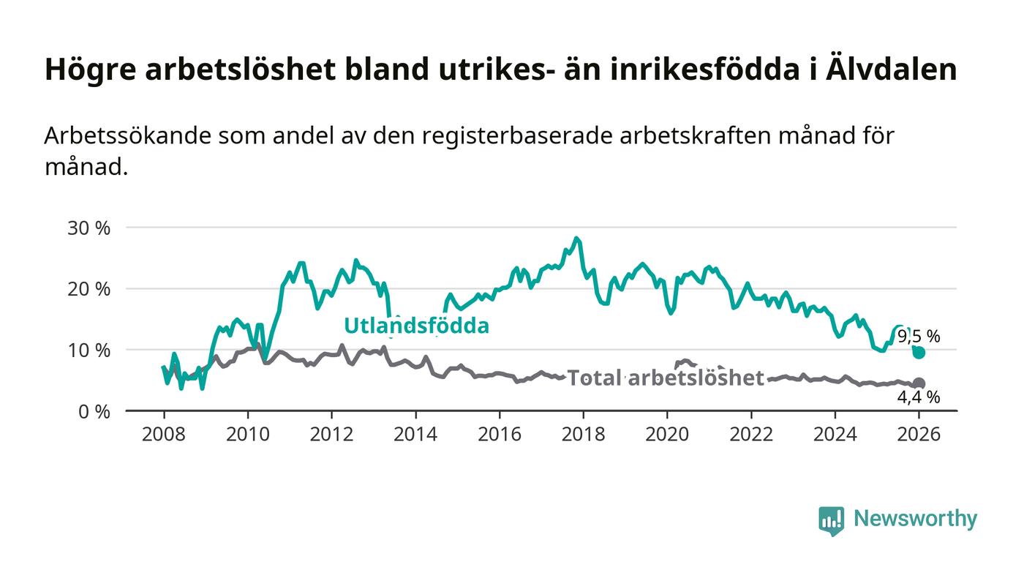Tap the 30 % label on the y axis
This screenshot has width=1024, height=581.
[x=89, y=228]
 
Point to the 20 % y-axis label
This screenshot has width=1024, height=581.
[x=89, y=289]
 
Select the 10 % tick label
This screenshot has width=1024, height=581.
[x=89, y=351]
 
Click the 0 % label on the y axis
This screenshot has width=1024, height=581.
[x=93, y=411]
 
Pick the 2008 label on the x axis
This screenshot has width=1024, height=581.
[x=164, y=433]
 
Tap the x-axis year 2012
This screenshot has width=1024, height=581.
[x=331, y=433]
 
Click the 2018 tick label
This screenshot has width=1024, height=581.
[x=583, y=433]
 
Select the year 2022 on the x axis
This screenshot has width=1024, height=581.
[x=751, y=433]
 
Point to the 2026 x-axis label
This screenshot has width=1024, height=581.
[x=919, y=433]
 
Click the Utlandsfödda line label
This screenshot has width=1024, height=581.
[x=416, y=326]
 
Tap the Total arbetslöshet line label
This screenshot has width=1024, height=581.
[x=666, y=378]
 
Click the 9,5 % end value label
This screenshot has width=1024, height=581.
[x=919, y=337]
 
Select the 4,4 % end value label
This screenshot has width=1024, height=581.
[x=919, y=397]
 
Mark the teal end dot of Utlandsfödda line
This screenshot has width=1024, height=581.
[x=919, y=353]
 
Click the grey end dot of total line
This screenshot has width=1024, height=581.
[x=919, y=383]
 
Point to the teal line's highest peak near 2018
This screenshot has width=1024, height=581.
[x=576, y=239]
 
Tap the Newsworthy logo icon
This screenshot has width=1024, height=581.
[x=831, y=520]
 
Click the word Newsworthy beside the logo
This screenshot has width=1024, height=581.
[x=916, y=519]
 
